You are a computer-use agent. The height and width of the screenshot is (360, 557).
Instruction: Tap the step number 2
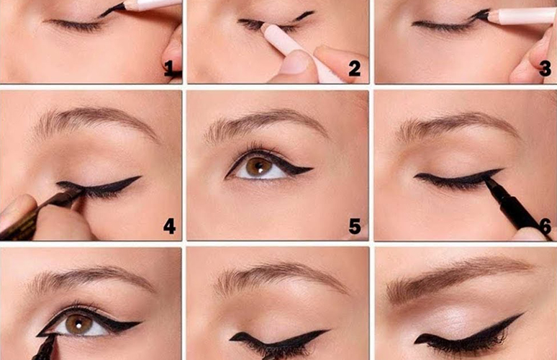[x=354, y=68]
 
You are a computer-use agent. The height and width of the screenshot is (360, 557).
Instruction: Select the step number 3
[x=545, y=68]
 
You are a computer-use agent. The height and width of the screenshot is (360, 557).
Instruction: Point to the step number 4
[x=169, y=226]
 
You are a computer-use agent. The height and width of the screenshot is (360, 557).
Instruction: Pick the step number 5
[x=355, y=226]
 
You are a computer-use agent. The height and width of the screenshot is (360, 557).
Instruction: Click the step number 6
[x=545, y=226]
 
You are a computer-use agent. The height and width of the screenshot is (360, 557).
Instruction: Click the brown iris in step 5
[x=259, y=166]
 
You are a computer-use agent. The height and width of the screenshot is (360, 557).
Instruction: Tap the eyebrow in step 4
[x=95, y=122]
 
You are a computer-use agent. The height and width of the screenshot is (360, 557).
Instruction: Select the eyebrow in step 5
[x=266, y=125]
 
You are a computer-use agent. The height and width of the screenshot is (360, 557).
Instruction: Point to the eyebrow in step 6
[x=458, y=125]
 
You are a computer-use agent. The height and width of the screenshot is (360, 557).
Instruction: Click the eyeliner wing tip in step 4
[x=140, y=176]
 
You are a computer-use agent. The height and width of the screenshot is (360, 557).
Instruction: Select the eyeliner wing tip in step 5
[x=312, y=168]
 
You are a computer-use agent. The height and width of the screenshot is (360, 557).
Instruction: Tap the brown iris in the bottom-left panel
[x=79, y=323]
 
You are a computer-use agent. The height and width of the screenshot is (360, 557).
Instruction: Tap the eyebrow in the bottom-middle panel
[x=281, y=278]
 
